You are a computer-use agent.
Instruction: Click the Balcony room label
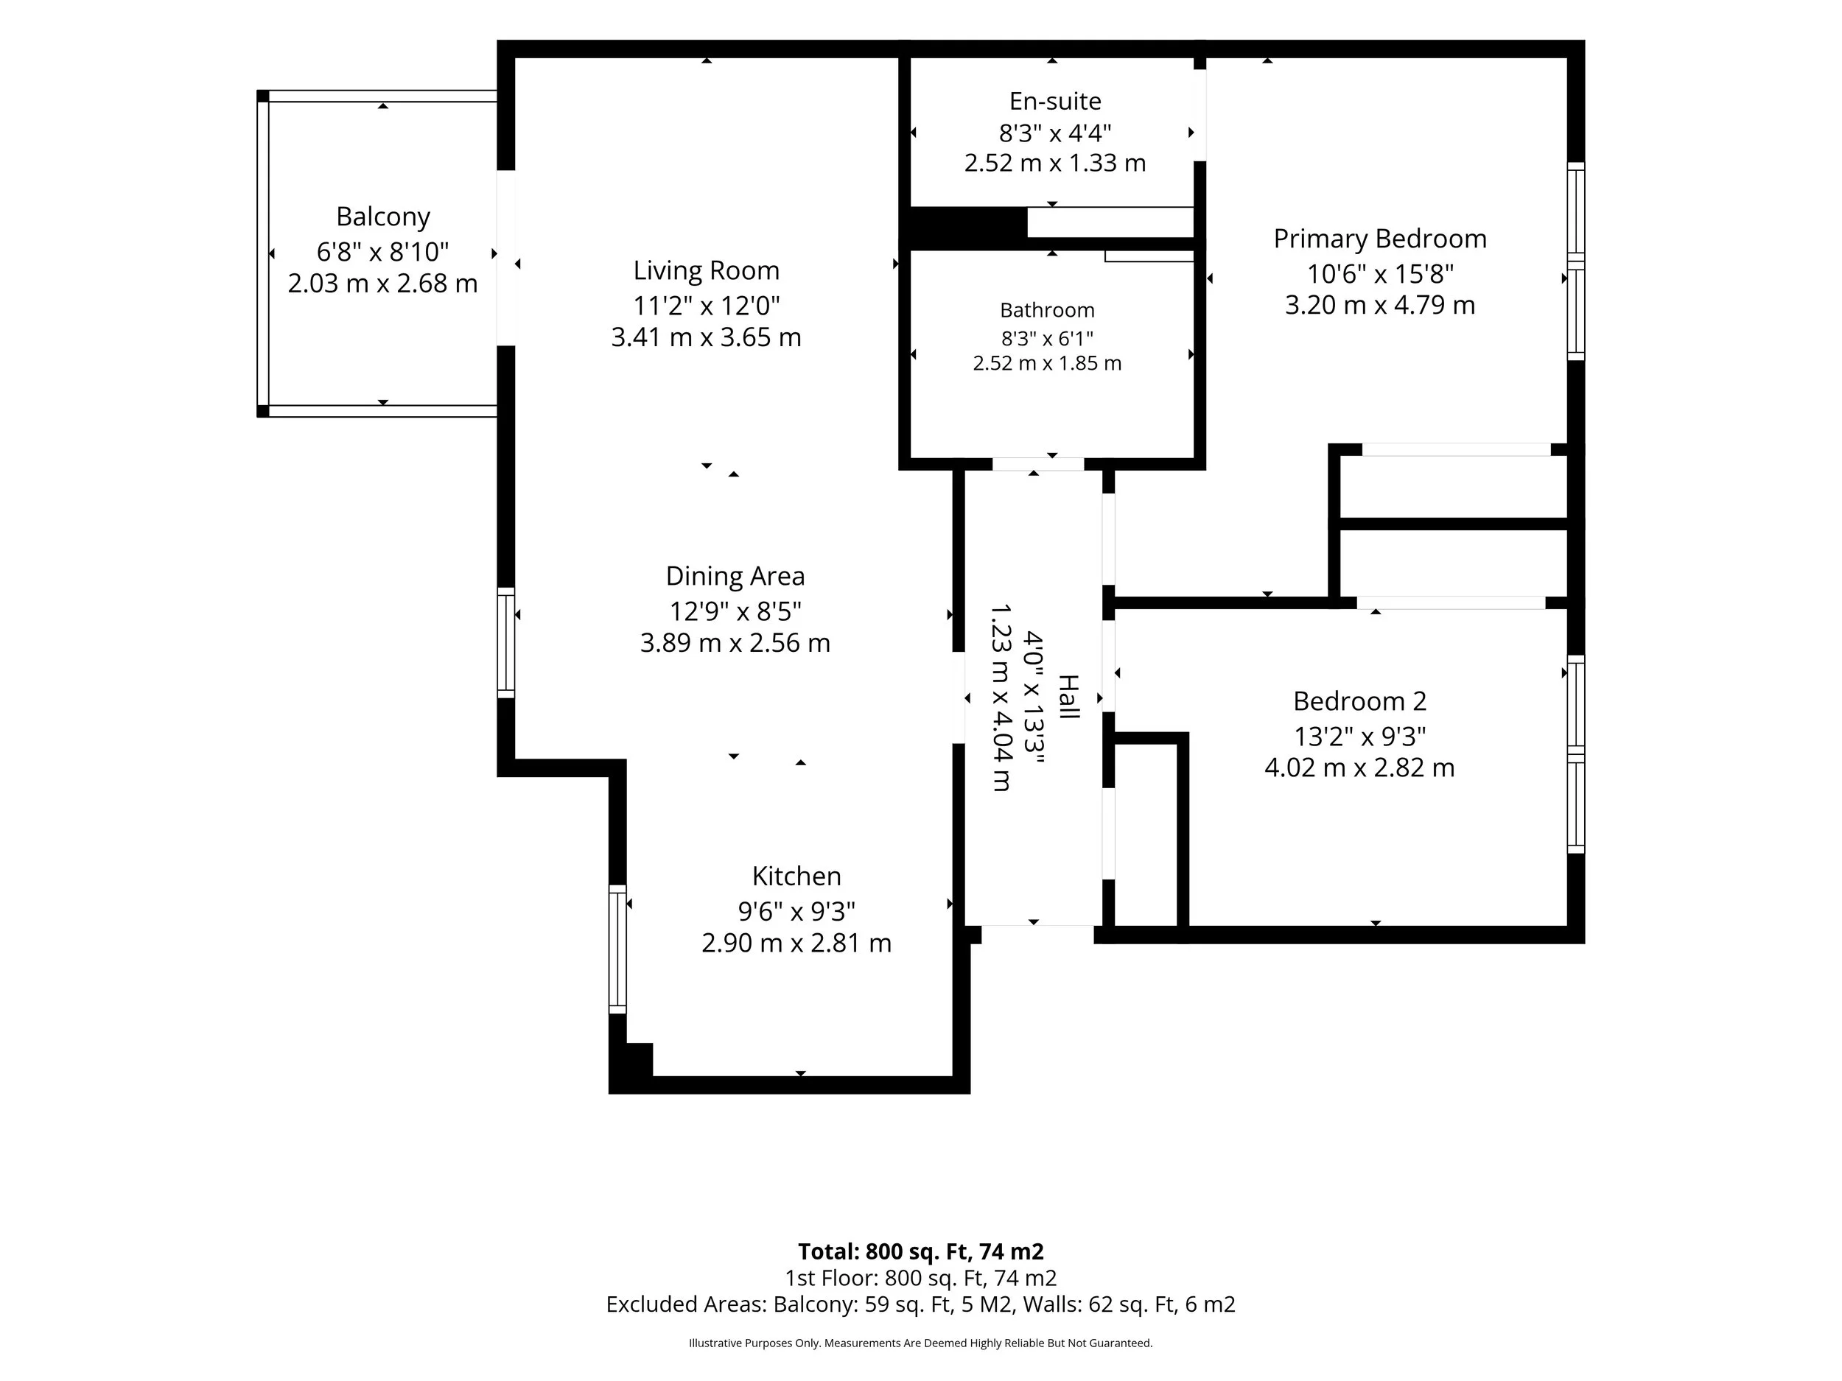click(383, 217)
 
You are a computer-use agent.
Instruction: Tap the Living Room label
click(706, 270)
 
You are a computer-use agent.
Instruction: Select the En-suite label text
click(1055, 101)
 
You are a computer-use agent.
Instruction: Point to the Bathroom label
click(1047, 309)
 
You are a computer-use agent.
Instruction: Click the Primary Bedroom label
click(1380, 239)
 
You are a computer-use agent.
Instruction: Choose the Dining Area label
click(735, 576)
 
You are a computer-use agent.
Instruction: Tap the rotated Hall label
click(1068, 697)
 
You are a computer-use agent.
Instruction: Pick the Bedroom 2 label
click(1360, 701)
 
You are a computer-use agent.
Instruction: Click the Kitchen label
click(796, 876)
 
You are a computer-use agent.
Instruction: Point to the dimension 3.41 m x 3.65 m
click(706, 337)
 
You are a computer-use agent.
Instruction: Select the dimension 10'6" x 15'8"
click(1380, 273)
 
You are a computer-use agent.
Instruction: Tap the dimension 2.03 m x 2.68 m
click(383, 283)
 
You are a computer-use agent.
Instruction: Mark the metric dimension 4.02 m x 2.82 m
click(1360, 767)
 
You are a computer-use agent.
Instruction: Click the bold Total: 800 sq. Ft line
click(921, 1251)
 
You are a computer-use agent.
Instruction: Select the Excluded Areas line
click(921, 1304)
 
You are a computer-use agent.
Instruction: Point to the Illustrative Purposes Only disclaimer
click(921, 1343)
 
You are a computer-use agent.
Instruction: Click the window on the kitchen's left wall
click(617, 949)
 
